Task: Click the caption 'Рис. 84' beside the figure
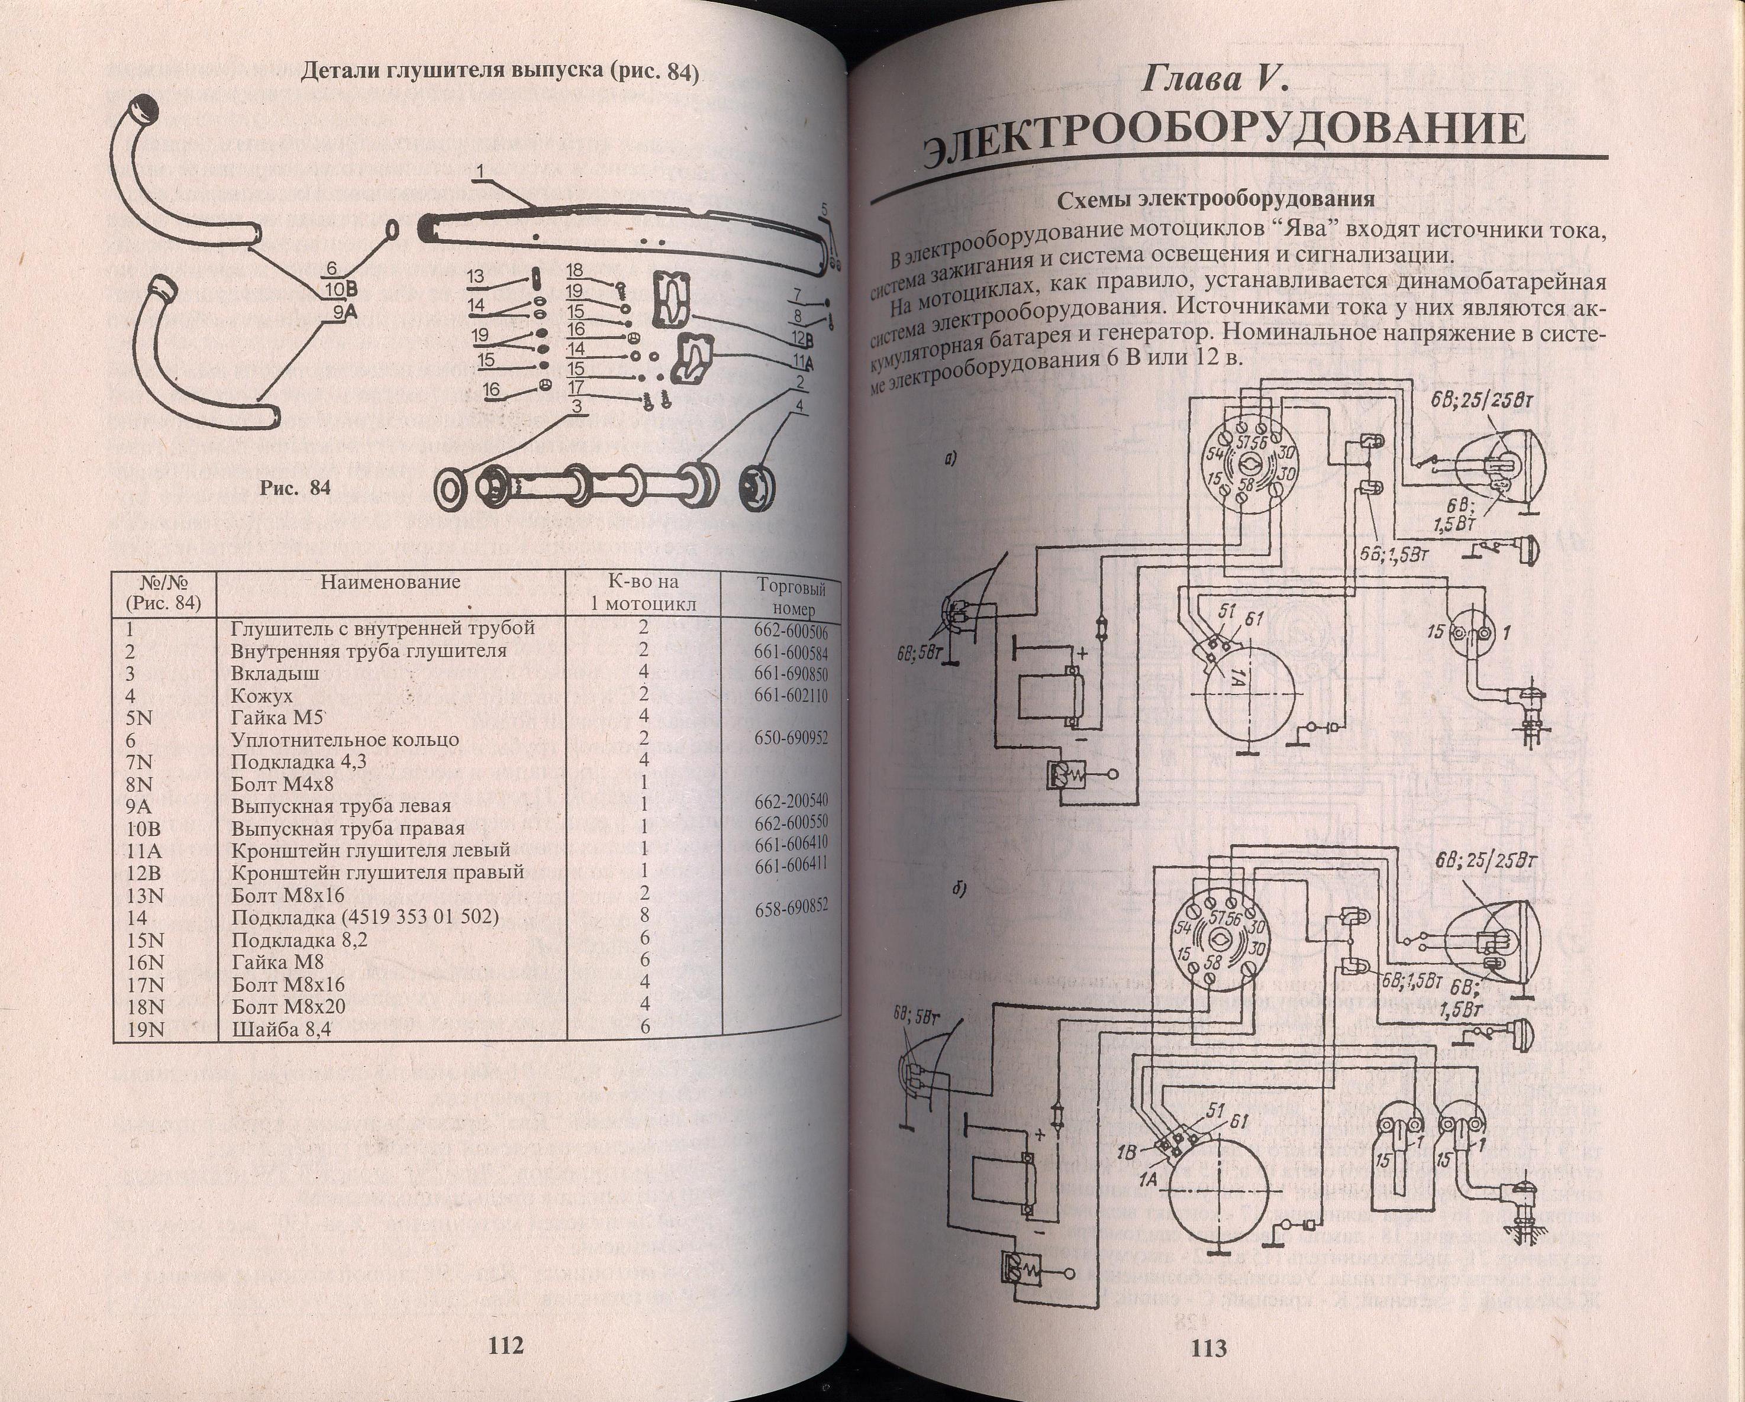pyautogui.click(x=295, y=488)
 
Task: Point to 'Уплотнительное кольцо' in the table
pyautogui.click(x=345, y=739)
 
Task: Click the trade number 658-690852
pyautogui.click(x=791, y=907)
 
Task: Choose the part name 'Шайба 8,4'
pyautogui.click(x=282, y=1029)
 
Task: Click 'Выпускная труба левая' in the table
pyautogui.click(x=341, y=806)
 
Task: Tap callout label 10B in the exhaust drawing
pyautogui.click(x=341, y=289)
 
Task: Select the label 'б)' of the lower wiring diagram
pyautogui.click(x=962, y=889)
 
